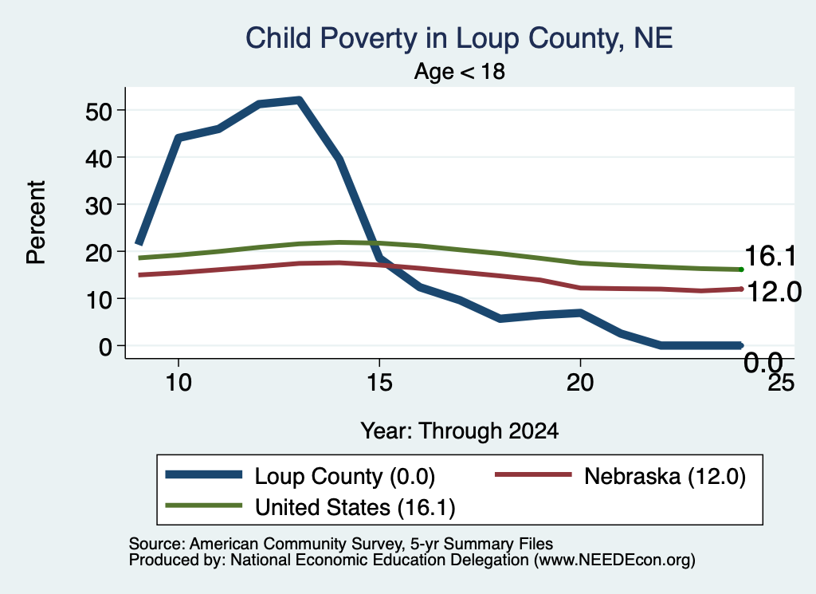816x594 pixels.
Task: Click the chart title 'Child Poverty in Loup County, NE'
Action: tap(459, 38)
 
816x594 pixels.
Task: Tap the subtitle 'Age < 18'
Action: tap(460, 71)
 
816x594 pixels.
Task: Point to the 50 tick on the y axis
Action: tap(98, 111)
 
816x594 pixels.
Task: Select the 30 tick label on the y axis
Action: tap(98, 205)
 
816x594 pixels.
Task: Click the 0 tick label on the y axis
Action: tap(105, 346)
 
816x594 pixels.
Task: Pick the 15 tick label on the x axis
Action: tap(379, 383)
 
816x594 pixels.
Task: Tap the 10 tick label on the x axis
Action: tap(178, 383)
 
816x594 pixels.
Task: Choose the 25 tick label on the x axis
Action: tap(781, 383)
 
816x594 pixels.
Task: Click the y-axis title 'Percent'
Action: tap(37, 222)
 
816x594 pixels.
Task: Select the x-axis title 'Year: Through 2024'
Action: tap(460, 431)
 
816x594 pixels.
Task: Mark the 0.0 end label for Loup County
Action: tap(763, 362)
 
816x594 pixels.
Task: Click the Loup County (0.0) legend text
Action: tap(344, 476)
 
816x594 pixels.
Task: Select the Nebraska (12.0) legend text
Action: tap(665, 476)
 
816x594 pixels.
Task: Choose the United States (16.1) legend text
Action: tap(355, 507)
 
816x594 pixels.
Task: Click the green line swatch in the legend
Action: tap(203, 505)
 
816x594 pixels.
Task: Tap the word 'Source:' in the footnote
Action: tap(157, 544)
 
